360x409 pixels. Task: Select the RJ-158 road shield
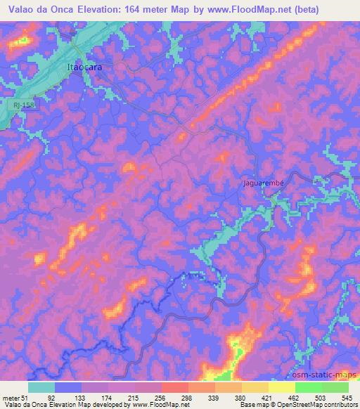coord(21,105)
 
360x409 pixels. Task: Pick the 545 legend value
coord(346,397)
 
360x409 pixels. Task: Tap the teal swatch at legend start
coord(41,387)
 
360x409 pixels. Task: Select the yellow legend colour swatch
coord(281,387)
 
